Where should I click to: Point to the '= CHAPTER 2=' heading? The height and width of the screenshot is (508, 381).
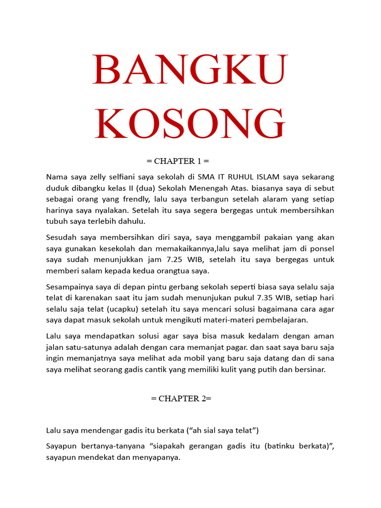[181, 398]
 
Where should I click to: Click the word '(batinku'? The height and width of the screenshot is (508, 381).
[267, 446]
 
